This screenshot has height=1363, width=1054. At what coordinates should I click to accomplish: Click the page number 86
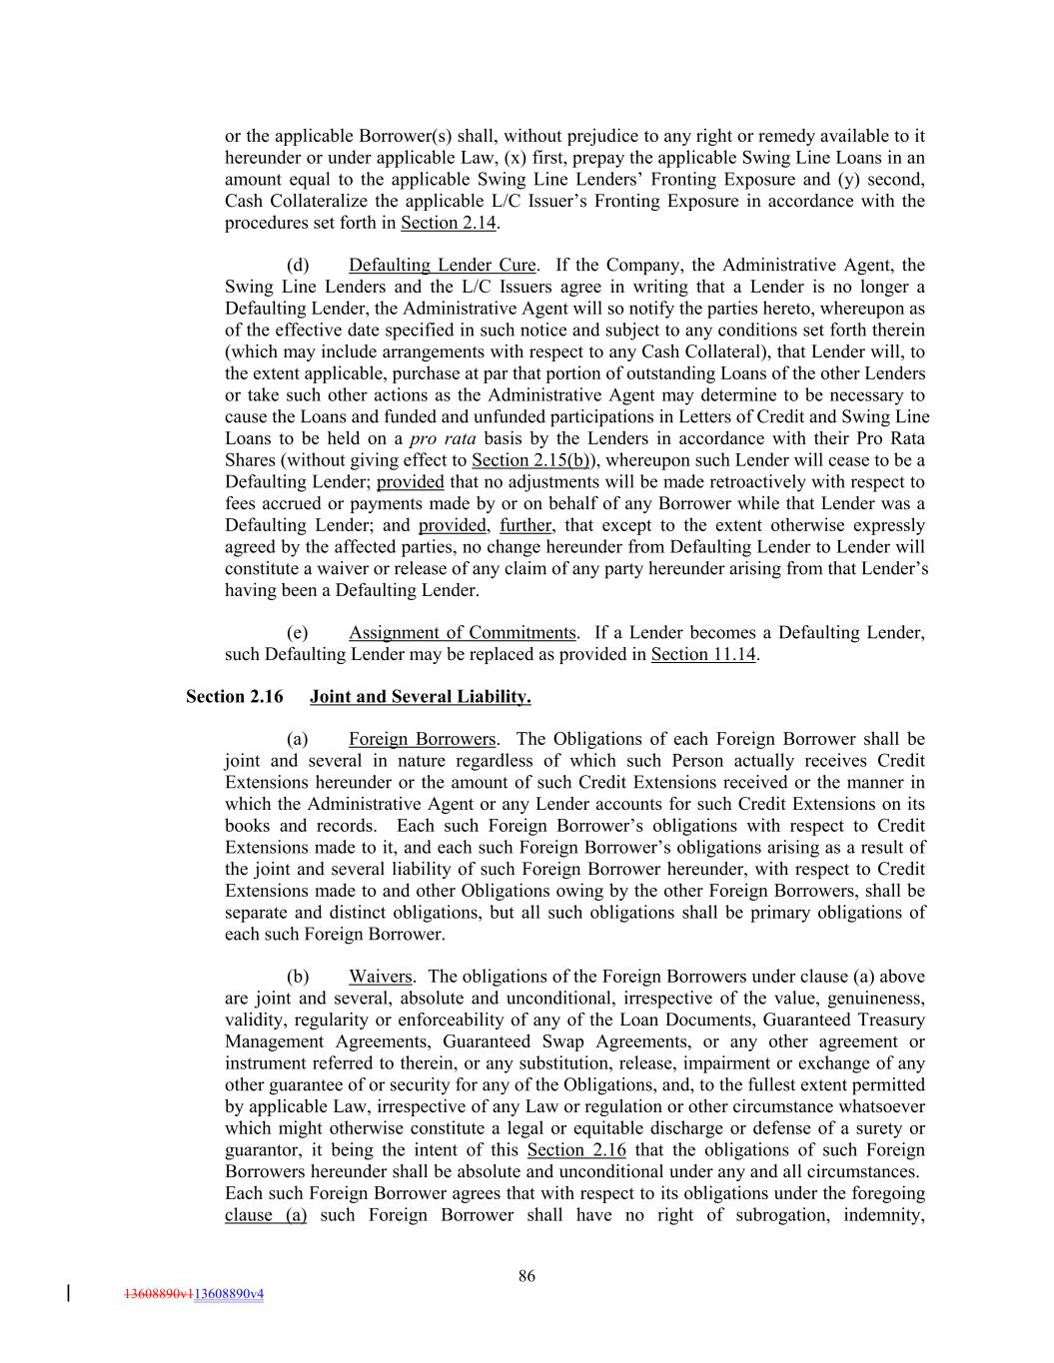pos(527,1275)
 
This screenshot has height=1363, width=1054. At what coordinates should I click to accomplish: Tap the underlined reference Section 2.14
pos(449,223)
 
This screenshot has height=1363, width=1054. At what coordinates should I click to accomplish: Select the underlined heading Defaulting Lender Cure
pos(442,265)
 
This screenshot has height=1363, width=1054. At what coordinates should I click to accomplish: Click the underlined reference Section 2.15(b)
pos(533,460)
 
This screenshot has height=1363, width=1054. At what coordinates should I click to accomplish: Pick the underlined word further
pos(526,525)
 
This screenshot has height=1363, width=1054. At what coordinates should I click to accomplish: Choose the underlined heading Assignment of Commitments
pos(462,632)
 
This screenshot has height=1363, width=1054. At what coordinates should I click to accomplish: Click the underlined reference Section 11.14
pos(703,654)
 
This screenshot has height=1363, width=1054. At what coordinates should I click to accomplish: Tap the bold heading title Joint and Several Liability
pos(420,697)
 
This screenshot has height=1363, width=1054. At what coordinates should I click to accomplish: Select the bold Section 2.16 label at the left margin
pos(235,697)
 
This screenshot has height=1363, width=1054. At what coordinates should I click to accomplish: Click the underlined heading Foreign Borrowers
pos(422,739)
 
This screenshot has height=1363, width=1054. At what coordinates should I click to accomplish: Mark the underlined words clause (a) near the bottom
pos(266,1215)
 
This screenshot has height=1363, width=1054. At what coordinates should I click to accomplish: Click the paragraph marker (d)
pos(298,265)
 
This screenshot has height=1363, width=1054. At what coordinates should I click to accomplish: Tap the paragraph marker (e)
pos(298,632)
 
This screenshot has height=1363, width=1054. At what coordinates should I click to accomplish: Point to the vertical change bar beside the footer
pos(68,1293)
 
